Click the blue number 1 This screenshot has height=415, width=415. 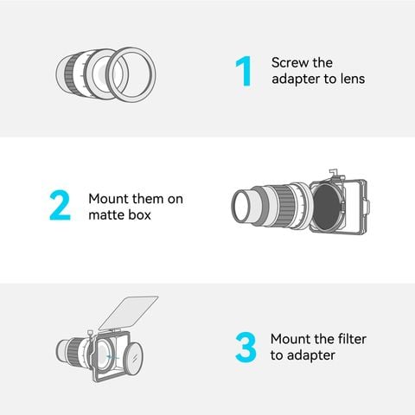(244, 71)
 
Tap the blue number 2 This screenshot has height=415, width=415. (60, 205)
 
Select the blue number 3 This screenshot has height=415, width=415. (246, 348)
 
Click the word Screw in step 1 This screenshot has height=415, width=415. (289, 63)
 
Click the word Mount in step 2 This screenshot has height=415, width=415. (108, 199)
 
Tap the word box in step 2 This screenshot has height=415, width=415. (140, 214)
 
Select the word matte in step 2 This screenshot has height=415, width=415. (107, 215)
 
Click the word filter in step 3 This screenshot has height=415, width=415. (352, 339)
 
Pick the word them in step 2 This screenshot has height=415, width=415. (147, 199)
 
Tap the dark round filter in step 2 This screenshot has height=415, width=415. (327, 207)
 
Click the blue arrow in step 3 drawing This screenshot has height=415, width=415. (112, 357)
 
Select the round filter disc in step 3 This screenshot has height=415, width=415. (133, 358)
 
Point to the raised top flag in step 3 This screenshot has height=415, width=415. (128, 313)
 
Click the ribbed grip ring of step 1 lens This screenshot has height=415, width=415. (70, 74)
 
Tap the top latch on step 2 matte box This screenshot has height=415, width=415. (334, 172)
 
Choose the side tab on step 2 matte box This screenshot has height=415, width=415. (367, 207)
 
